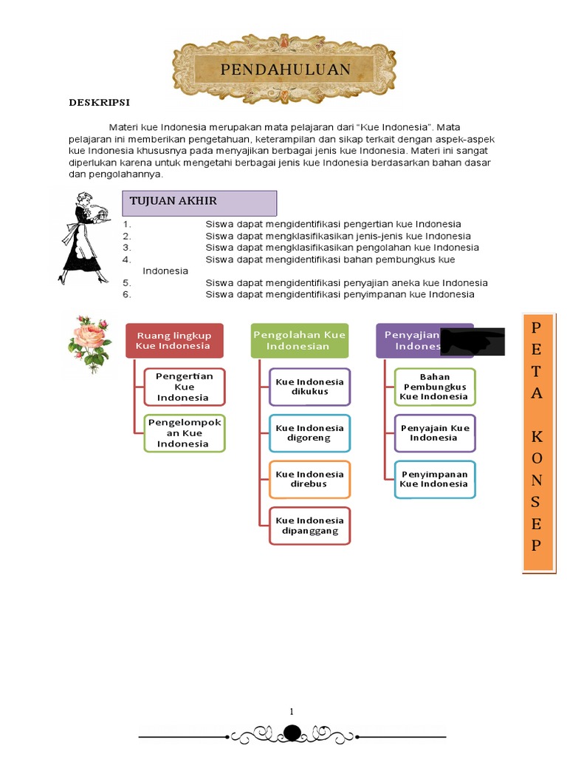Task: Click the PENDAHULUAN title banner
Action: click(x=285, y=70)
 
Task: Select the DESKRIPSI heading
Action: click(x=100, y=102)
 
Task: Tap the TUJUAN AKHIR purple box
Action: click(x=199, y=203)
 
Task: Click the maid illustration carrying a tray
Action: click(x=86, y=238)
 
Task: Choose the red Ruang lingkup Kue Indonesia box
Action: click(x=173, y=341)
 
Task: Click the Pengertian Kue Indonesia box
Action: click(x=184, y=387)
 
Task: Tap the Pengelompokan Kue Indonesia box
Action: click(x=184, y=433)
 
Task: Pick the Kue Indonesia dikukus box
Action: click(x=309, y=387)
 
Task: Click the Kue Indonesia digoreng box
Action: click(x=309, y=433)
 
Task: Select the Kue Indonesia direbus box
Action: click(x=309, y=479)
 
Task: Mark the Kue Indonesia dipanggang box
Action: click(x=309, y=526)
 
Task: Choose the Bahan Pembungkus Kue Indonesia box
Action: click(x=434, y=387)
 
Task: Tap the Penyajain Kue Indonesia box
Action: click(x=434, y=433)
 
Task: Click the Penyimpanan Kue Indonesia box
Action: click(x=434, y=479)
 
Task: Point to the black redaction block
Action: click(x=472, y=342)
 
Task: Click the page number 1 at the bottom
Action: click(x=292, y=711)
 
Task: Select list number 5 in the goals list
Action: click(x=127, y=283)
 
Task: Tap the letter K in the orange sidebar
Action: click(x=537, y=436)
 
